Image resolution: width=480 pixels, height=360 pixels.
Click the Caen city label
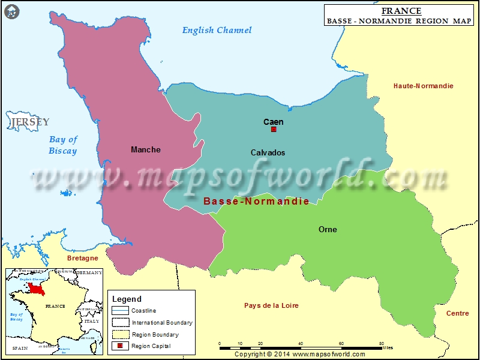pos(274,122)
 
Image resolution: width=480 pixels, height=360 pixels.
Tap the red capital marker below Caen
pos(274,130)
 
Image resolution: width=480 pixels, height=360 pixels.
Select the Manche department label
pos(146,149)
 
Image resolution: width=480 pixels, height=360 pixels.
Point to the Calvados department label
pos(268,152)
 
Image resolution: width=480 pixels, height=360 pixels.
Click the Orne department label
pos(328,229)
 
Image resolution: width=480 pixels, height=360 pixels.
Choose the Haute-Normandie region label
pos(424,86)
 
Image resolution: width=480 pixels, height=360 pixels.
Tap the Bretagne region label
pos(82,258)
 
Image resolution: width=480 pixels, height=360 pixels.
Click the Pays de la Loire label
pos(271,305)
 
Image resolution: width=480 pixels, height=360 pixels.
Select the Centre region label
pos(458,313)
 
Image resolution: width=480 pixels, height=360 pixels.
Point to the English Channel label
pos(217,30)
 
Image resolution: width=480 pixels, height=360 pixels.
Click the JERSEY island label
pos(30,122)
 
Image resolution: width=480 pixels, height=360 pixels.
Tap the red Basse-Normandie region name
pos(256,201)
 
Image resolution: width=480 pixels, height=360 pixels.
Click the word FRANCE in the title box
pos(401,11)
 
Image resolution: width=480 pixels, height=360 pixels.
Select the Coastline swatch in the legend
pos(120,311)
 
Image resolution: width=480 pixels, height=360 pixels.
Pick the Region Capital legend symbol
pos(120,346)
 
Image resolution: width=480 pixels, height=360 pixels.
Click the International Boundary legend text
pos(162,323)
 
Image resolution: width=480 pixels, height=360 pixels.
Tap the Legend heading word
pos(127,299)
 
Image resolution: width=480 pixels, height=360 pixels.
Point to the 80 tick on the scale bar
pos(382,344)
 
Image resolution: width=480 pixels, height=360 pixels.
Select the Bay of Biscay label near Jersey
pos(63,145)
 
